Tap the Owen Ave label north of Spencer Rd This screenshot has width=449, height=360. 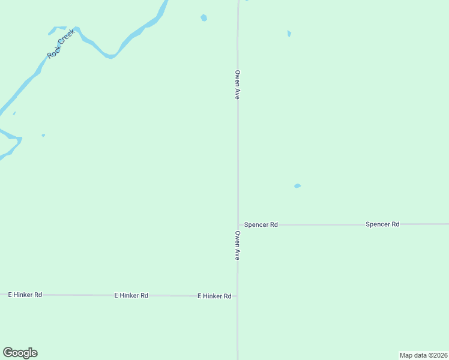[238, 85]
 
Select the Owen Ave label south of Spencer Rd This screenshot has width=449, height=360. [238, 245]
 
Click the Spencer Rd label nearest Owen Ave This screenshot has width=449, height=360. [261, 225]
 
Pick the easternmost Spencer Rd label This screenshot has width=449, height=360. [382, 224]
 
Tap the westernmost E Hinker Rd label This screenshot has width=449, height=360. [25, 295]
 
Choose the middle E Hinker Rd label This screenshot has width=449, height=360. [131, 296]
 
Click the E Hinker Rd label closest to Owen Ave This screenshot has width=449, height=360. [214, 296]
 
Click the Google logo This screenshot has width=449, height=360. [20, 353]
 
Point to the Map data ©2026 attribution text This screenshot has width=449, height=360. [423, 355]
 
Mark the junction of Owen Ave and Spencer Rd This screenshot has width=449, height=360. [238, 225]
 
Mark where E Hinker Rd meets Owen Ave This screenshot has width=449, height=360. [237, 296]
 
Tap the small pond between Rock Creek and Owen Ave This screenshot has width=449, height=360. [203, 17]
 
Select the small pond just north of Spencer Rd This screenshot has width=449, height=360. [297, 186]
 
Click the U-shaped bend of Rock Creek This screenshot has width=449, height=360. [109, 56]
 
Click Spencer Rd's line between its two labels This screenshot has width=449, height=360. [321, 225]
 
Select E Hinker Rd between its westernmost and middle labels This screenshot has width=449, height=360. [78, 295]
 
